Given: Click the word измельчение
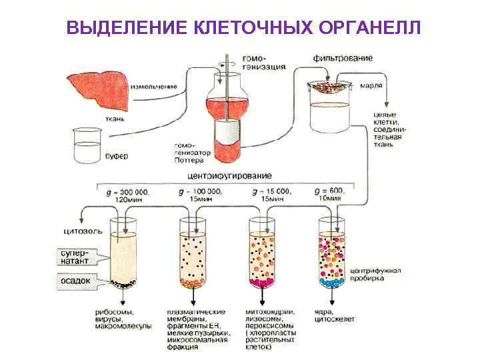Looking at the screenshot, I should pos(154,86).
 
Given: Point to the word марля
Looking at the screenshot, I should pos(371,86).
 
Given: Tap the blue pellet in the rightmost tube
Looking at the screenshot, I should pos(330,283).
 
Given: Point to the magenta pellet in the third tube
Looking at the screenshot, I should pos(261,283).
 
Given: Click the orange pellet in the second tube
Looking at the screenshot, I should pos(193,283).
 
